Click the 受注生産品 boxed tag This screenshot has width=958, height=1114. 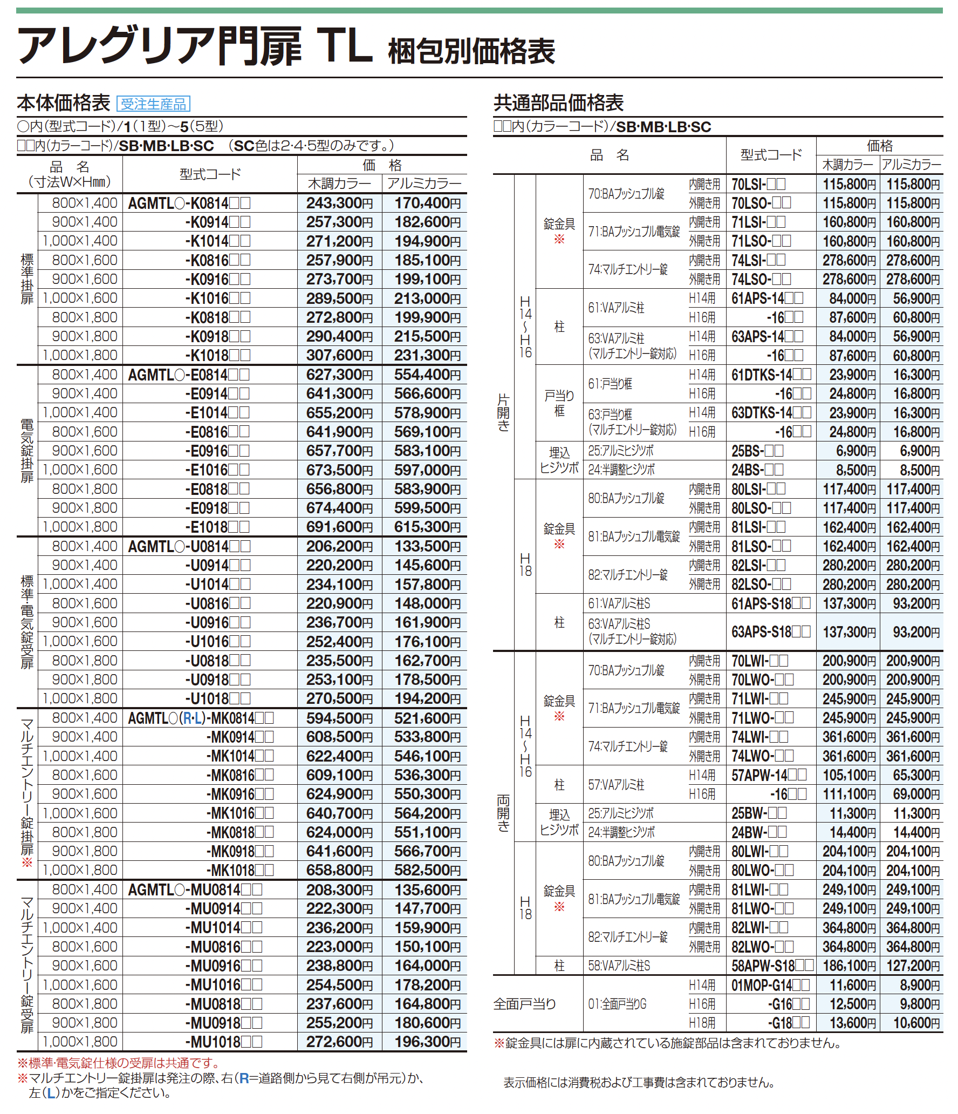coord(153,104)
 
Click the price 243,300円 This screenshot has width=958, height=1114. coord(339,203)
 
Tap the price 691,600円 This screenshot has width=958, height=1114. coord(339,527)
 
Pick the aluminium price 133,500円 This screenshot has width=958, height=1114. coord(427,547)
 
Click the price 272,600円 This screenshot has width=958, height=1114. coord(339,1042)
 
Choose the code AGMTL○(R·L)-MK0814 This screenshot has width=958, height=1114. coord(201,718)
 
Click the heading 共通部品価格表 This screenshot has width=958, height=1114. coord(558,103)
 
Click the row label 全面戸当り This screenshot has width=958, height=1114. coord(524,1004)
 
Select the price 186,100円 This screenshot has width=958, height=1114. coord(849,966)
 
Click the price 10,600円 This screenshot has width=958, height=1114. coord(916,1023)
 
